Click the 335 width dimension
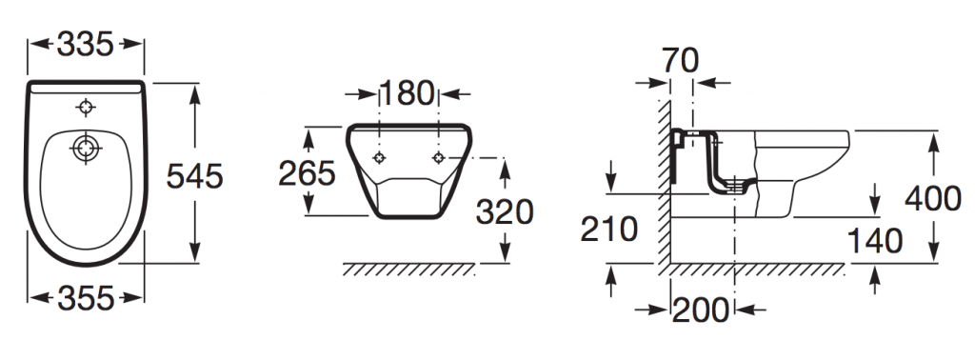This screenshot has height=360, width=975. tap(85, 44)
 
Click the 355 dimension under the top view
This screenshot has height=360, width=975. tap(86, 298)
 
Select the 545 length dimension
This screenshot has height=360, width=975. tap(194, 176)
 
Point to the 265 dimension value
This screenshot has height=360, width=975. tap(307, 172)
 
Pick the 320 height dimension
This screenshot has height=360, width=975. tap(505, 212)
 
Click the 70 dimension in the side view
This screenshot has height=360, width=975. tap(680, 60)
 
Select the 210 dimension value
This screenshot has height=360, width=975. tap(608, 229)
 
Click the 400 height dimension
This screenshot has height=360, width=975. tap(933, 199)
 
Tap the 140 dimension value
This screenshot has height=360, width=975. tap(875, 241)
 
